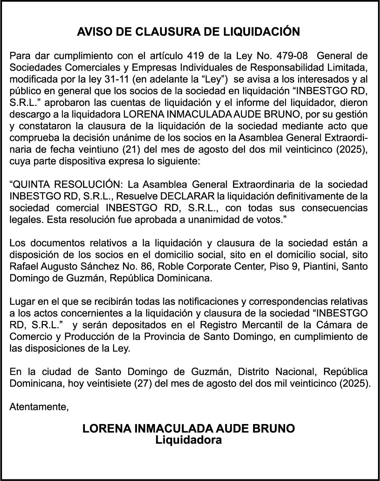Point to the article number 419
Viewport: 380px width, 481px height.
[x=196, y=55]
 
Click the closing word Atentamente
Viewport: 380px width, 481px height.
[x=39, y=406]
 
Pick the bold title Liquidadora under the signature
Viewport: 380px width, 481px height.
[x=189, y=440]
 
